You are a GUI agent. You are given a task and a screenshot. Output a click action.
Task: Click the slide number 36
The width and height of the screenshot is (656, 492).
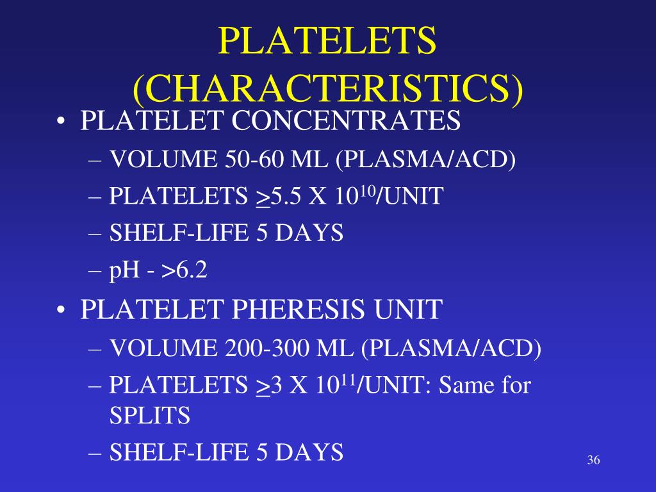point(593,461)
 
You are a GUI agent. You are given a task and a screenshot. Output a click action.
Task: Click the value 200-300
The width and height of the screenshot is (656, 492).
point(268,348)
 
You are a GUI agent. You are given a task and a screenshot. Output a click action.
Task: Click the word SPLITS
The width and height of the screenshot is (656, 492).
point(150,416)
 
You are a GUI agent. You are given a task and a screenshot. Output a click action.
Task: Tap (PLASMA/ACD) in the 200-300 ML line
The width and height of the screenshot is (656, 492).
point(451,348)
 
